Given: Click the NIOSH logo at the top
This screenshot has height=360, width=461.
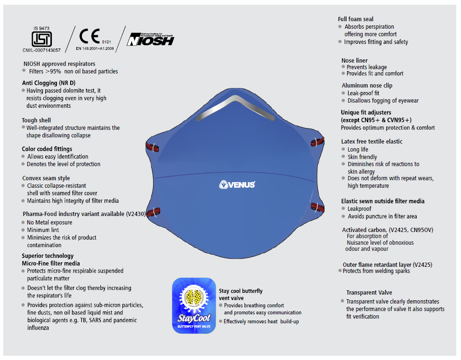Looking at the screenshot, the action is click(151, 39).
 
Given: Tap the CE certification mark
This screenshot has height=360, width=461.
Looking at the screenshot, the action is click(89, 36).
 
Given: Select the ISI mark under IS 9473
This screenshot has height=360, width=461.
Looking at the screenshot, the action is click(41, 38).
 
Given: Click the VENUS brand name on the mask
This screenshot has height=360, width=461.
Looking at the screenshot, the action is click(237, 184).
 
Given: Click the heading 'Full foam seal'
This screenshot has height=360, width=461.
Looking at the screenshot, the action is click(356, 19).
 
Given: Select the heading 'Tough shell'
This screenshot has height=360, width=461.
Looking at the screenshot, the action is click(36, 120).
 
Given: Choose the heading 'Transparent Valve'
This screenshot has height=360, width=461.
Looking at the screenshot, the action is click(369, 293).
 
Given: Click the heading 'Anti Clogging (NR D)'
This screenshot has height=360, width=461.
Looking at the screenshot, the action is click(49, 83).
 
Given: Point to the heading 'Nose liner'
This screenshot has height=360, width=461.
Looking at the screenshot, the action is click(355, 61).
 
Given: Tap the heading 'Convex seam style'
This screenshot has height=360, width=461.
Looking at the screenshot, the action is click(46, 178).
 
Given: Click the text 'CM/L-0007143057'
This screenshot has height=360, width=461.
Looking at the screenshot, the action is click(41, 50).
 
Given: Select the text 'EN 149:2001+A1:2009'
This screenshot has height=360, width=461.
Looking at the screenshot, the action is click(95, 48).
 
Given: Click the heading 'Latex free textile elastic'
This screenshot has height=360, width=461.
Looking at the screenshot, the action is click(372, 142).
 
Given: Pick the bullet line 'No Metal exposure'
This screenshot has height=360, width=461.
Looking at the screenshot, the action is click(49, 223).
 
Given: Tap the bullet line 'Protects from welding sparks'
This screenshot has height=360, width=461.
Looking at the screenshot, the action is click(376, 271).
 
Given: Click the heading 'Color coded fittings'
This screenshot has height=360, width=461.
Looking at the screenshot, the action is click(47, 149).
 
